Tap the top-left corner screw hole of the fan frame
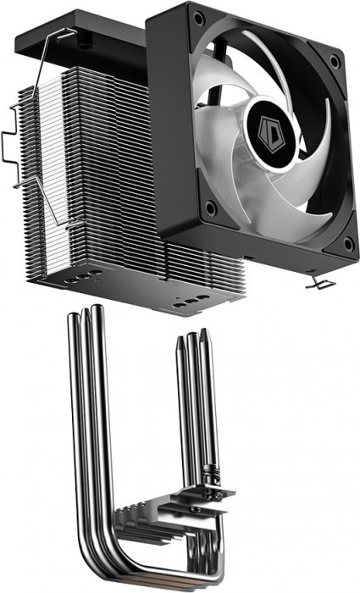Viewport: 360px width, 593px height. [x=197, y=17]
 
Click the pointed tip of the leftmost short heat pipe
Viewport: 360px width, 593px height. [x=180, y=339]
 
